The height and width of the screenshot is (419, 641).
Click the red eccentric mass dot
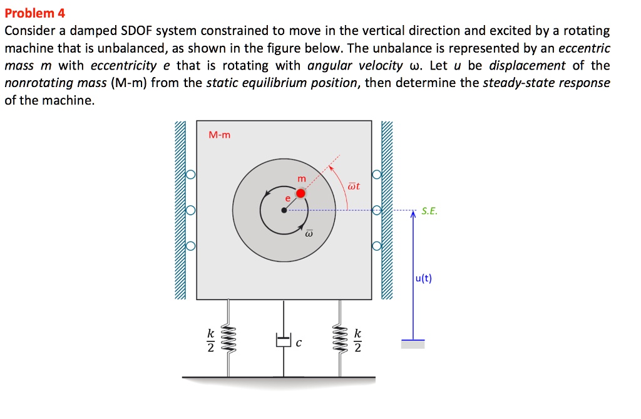[x=301, y=193]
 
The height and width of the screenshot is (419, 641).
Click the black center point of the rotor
[x=284, y=210]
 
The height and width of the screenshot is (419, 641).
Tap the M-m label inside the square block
[x=219, y=134]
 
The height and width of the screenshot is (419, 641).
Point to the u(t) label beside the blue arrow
[x=423, y=279]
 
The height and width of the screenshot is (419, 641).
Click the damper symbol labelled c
[x=284, y=340]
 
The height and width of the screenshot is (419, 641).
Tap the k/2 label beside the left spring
[x=211, y=341]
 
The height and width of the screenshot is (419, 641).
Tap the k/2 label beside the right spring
[x=357, y=341]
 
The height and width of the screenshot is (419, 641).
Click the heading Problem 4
[x=34, y=13]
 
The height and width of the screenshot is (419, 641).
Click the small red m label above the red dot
[x=302, y=179]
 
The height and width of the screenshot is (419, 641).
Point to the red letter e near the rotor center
[x=288, y=198]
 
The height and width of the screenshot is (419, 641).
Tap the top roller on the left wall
[x=191, y=175]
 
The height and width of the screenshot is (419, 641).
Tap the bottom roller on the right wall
[x=377, y=246]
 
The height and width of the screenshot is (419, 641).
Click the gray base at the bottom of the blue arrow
[x=413, y=344]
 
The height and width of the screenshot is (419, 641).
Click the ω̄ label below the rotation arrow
[x=309, y=234]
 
